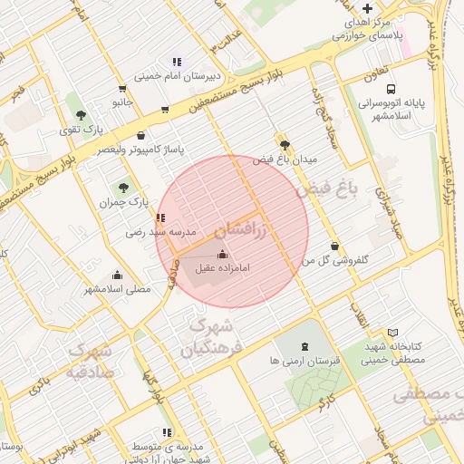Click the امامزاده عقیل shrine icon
(x=223, y=253)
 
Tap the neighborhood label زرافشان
(x=244, y=230)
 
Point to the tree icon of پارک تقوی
(x=82, y=115)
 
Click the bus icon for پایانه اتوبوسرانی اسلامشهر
(x=391, y=90)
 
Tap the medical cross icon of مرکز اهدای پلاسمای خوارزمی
(x=366, y=8)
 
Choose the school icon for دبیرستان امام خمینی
(x=177, y=62)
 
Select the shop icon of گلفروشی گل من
(x=335, y=245)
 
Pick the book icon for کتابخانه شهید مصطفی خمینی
(x=392, y=333)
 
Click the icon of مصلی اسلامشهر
(x=117, y=275)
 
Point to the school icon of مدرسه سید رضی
(x=160, y=217)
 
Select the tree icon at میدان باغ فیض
(x=285, y=144)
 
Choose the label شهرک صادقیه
(x=90, y=361)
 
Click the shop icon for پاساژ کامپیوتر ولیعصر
(x=164, y=110)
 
